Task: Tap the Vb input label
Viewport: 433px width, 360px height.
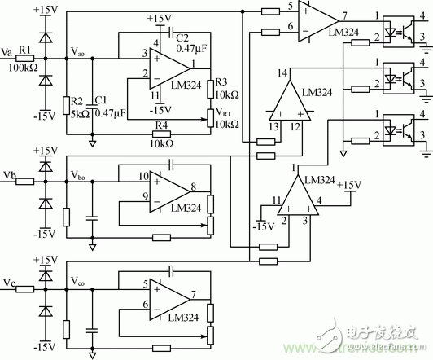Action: pos(9,174)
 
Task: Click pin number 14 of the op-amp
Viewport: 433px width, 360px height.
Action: pos(283,74)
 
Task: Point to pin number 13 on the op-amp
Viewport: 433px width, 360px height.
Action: pos(272,125)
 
